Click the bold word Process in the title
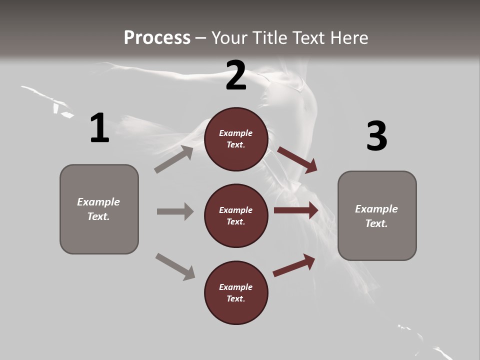(157, 37)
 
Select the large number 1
(99, 128)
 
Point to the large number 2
(236, 75)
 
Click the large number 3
(376, 136)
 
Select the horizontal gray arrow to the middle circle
(175, 211)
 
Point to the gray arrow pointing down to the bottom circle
(175, 266)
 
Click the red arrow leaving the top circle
(297, 159)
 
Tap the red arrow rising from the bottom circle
(294, 265)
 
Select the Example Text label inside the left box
(98, 209)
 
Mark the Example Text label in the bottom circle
(236, 292)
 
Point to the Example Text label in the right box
(376, 216)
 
